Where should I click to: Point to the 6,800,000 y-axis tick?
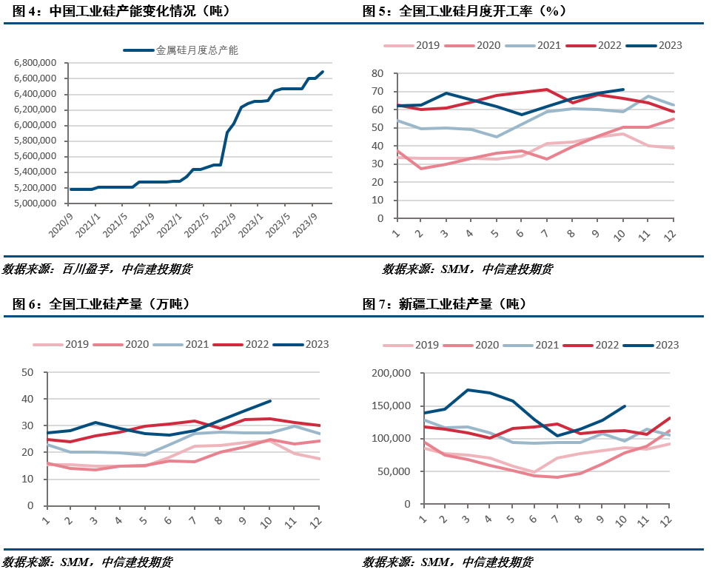click(36, 63)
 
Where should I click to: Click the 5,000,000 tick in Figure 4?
click(36, 203)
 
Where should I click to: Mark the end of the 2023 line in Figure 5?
click(623, 90)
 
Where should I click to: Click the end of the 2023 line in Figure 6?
click(271, 401)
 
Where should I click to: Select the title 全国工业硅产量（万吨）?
click(101, 304)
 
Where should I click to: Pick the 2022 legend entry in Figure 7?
click(602, 344)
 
